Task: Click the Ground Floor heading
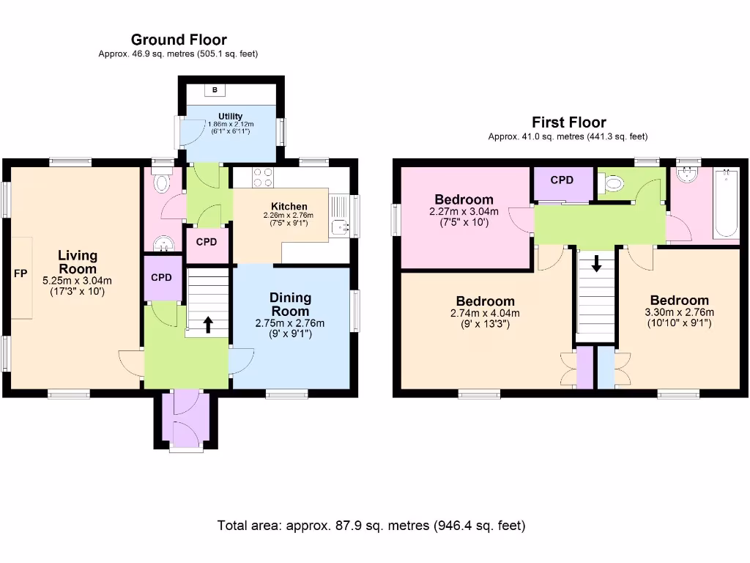[x=179, y=40]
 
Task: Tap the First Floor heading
[x=568, y=122]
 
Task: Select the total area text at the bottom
[x=371, y=526]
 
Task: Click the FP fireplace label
[x=21, y=273]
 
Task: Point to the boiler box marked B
[x=215, y=90]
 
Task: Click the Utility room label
[x=230, y=117]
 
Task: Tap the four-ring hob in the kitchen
[x=263, y=177]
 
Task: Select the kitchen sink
[x=340, y=227]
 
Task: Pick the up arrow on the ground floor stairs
[x=208, y=324]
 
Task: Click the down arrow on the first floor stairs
[x=596, y=263]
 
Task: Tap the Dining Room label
[x=290, y=304]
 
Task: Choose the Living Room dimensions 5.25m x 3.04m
[x=77, y=281]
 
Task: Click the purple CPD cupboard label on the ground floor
[x=161, y=278]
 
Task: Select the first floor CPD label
[x=562, y=180]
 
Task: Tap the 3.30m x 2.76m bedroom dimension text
[x=679, y=312]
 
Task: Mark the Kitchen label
[x=289, y=206]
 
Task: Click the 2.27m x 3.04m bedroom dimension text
[x=464, y=211]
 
